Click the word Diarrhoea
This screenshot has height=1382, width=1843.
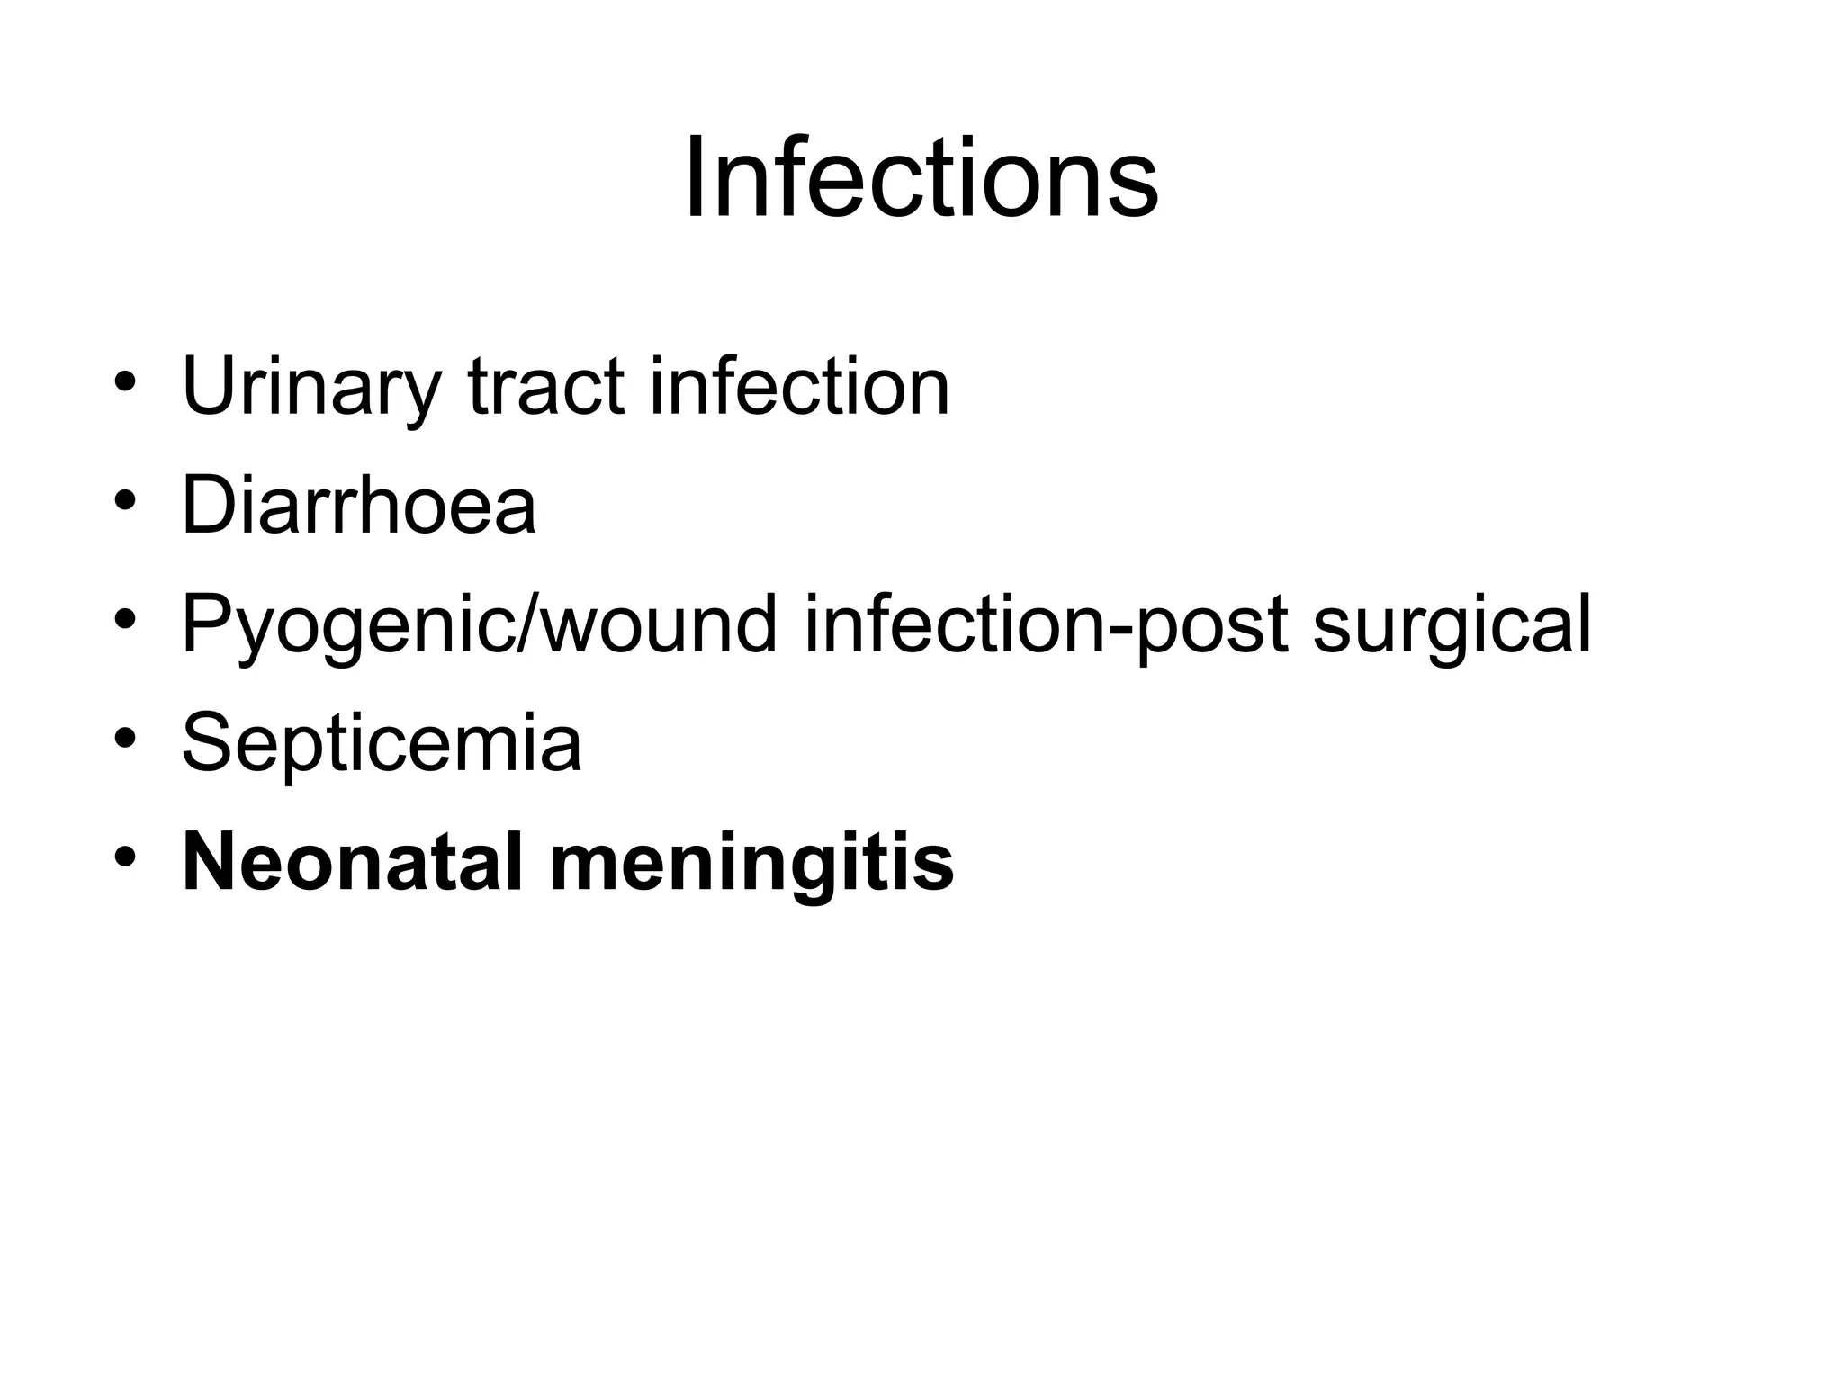[359, 506]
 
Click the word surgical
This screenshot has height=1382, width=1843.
[1452, 624]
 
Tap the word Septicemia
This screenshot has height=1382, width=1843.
[382, 743]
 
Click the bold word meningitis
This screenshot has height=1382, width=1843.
[751, 862]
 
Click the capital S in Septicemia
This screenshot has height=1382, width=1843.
[210, 743]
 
